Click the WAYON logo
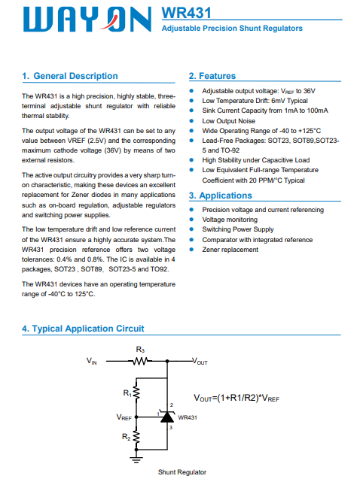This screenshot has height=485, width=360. (87, 20)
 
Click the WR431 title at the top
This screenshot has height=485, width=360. (186, 13)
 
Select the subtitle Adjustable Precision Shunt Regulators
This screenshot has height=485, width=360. (232, 28)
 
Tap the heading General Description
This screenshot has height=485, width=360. (70, 76)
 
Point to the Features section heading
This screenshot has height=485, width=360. (212, 76)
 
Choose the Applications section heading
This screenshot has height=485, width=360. (221, 196)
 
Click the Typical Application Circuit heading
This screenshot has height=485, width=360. (83, 329)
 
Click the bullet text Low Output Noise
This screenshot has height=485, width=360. (229, 121)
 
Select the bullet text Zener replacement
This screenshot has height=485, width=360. (230, 250)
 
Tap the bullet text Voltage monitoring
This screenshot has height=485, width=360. (230, 220)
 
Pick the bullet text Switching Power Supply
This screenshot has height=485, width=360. (238, 229)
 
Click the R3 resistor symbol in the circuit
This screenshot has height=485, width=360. (140, 361)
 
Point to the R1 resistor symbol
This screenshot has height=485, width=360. (136, 393)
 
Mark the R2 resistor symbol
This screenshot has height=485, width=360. (136, 437)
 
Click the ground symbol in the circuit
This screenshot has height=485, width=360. (136, 459)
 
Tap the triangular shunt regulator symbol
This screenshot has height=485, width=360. (167, 417)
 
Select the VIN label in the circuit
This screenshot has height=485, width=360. (91, 361)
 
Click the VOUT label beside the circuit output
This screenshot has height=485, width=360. (200, 361)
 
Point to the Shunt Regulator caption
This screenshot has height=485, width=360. (182, 472)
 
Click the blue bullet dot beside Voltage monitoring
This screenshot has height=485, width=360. (191, 220)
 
